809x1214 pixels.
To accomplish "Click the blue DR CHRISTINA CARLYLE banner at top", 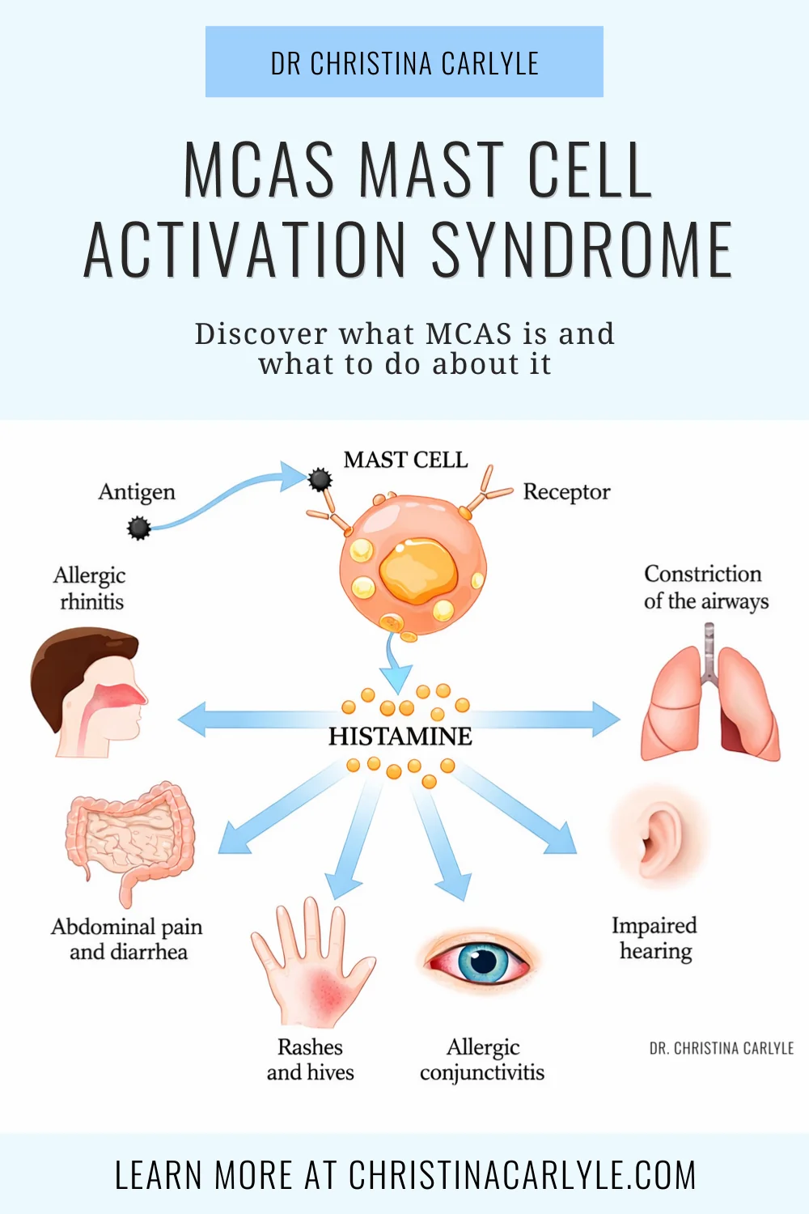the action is [404, 62].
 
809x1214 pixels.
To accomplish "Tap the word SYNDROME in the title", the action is [582, 250].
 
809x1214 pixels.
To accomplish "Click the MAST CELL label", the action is [406, 461].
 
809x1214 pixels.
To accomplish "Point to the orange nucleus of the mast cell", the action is [417, 571].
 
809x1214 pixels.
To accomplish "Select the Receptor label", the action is [567, 492].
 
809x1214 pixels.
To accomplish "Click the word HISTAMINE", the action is [400, 736].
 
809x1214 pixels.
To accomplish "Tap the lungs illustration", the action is [710, 694].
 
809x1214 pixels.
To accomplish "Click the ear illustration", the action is [659, 836].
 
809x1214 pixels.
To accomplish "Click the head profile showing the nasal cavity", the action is [87, 692].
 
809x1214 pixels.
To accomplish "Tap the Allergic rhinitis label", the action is [91, 588].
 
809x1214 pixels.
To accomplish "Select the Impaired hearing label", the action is [654, 938].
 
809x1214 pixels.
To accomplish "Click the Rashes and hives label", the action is [310, 1059].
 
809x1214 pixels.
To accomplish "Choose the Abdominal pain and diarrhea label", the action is [127, 939].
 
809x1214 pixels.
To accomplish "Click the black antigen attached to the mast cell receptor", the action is [320, 479].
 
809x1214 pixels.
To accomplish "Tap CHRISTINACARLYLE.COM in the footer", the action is [522, 1174].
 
